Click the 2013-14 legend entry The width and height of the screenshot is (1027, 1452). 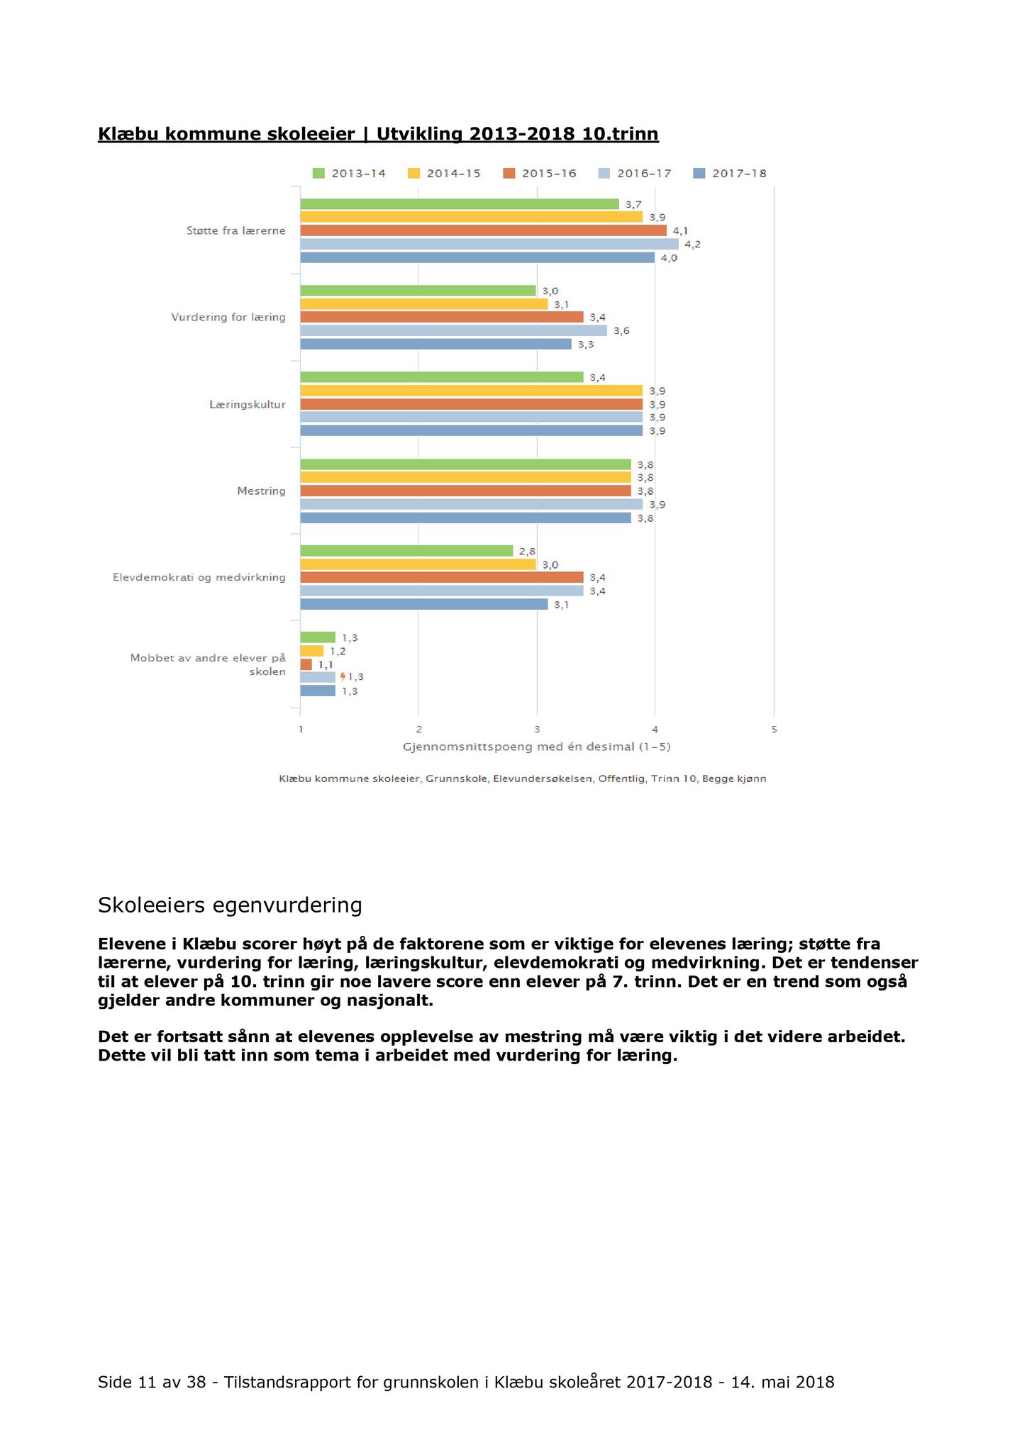[x=349, y=174]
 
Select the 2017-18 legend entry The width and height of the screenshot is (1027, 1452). [x=730, y=174]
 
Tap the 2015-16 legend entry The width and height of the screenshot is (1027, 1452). [x=540, y=174]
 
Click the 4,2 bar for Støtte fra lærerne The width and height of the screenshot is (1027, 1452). [x=489, y=244]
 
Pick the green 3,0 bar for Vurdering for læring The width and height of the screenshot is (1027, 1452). [x=418, y=291]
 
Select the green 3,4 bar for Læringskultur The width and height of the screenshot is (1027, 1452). [x=442, y=377]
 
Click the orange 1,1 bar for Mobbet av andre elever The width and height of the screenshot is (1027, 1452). [x=306, y=664]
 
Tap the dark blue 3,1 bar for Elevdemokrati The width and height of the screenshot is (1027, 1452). [x=424, y=604]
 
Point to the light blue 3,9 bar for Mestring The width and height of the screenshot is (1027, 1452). [x=472, y=504]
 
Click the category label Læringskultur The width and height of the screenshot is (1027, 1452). [x=248, y=405]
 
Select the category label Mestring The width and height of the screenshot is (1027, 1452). [x=262, y=491]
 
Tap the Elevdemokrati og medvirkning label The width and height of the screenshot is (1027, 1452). [x=199, y=578]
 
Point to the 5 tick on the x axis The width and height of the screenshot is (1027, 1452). [x=774, y=730]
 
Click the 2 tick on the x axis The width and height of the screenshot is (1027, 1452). [x=419, y=730]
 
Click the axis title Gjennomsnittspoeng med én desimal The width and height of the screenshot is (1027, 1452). [x=537, y=747]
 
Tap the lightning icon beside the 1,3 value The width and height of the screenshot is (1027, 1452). [x=343, y=677]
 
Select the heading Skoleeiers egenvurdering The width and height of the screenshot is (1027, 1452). [x=230, y=905]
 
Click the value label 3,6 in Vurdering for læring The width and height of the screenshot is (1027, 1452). [x=621, y=331]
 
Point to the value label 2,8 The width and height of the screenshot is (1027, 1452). [x=527, y=552]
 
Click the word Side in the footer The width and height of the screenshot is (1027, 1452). [x=114, y=1382]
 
